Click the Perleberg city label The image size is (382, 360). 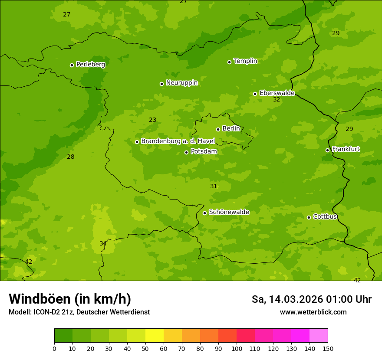coord(90,65)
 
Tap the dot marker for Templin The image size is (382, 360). coord(229,62)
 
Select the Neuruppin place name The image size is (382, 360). coord(181,83)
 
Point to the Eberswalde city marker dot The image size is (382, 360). coord(255,94)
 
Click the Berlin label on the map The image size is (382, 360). coord(231,129)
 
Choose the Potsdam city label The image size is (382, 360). coord(204,152)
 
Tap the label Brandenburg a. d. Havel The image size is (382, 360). coord(178,141)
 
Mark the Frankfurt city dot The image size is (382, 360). coord(327,150)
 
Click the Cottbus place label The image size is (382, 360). coord(325,216)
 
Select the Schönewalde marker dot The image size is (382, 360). coord(204,213)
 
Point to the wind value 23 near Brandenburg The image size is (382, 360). coord(153,120)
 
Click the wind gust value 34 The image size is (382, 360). coord(103,244)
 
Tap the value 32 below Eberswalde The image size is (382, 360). coord(277,100)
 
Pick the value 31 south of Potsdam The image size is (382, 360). coord(214,187)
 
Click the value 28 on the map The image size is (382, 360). coord(71,157)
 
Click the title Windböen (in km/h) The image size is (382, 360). coord(70,299)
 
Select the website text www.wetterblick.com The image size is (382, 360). coord(313,312)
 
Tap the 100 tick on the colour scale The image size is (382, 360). coord(237,348)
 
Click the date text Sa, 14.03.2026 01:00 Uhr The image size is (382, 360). coord(311,299)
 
